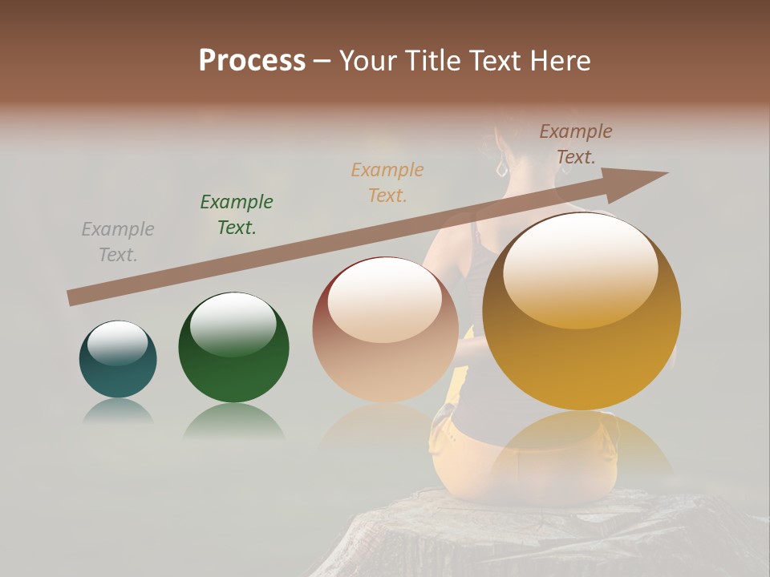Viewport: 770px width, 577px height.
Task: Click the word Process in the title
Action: click(252, 61)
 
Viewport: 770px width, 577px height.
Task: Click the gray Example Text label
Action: click(118, 242)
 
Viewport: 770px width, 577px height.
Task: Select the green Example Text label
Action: click(237, 215)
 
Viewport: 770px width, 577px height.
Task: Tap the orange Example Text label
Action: click(387, 183)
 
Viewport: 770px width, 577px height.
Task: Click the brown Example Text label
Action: click(576, 144)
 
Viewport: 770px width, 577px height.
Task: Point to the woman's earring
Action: click(502, 169)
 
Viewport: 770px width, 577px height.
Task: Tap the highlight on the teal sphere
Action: click(117, 343)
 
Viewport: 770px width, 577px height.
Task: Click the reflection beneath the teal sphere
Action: click(118, 410)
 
